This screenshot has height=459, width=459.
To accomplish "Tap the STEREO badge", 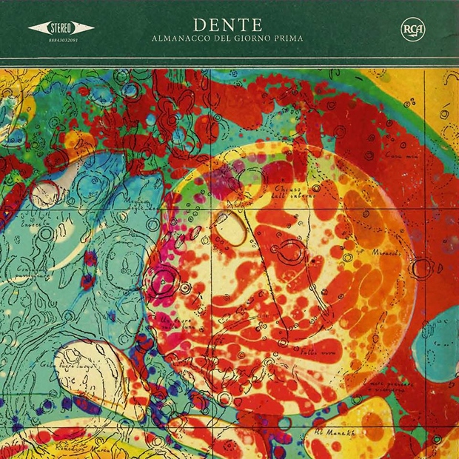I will coord(61,29).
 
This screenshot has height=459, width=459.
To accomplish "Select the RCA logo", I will coord(409,30).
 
